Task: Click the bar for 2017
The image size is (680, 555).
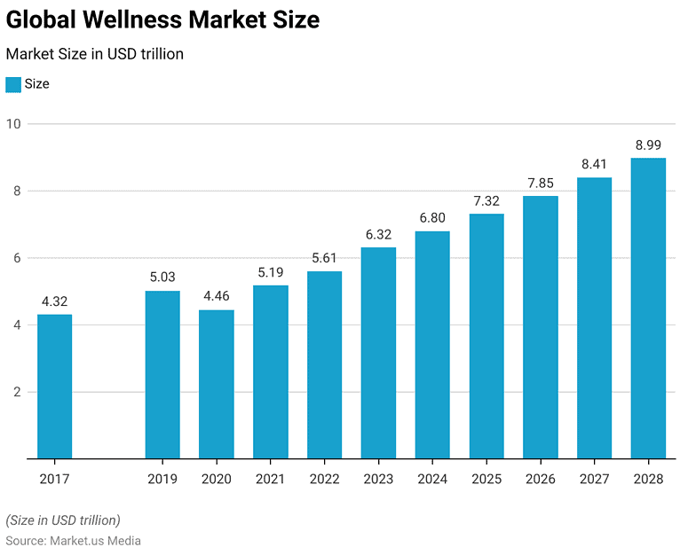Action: pos(54,387)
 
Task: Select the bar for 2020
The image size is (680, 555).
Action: pos(217,384)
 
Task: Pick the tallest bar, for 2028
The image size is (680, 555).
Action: pos(648,308)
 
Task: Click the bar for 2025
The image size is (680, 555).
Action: pos(486,336)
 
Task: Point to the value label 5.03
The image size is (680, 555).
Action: pos(162,277)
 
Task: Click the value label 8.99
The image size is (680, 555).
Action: pos(648,145)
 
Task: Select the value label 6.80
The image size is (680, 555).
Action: pos(432,217)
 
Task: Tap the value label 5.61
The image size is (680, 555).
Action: pos(324,257)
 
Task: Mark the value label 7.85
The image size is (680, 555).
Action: pos(541,183)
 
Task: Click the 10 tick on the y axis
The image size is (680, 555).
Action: pos(13,123)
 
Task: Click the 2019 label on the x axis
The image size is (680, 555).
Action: pos(162,479)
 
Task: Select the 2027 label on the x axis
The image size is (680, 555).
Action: pos(594,479)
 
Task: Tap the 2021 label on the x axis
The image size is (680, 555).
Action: pos(271,479)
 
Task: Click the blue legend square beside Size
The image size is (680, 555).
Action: pos(13,84)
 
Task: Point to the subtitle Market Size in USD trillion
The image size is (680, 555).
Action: pos(95,54)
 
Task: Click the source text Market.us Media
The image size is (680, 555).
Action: pos(94,540)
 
